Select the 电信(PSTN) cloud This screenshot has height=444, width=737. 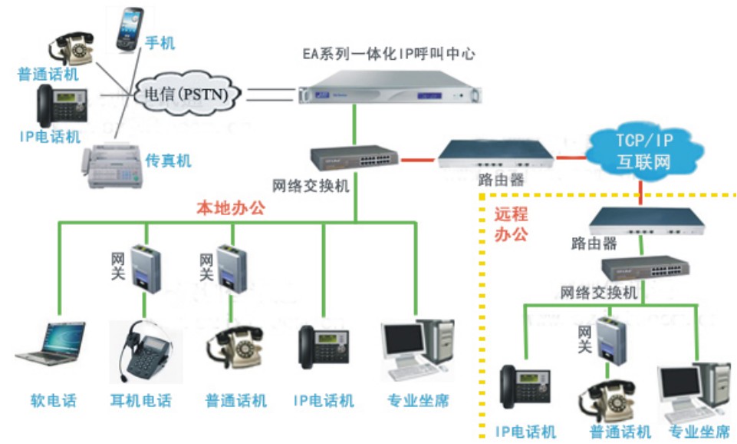click(x=189, y=94)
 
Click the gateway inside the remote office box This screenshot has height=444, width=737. click(x=610, y=337)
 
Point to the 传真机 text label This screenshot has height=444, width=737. click(x=168, y=161)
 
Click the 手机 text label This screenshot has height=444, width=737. click(x=160, y=43)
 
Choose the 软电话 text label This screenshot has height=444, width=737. click(x=53, y=401)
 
